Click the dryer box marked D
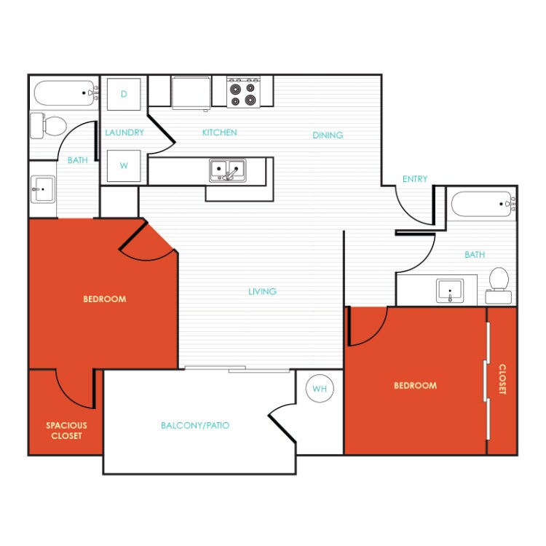click(x=124, y=94)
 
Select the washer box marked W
click(x=124, y=166)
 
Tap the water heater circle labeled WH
click(x=319, y=389)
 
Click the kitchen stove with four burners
click(x=242, y=92)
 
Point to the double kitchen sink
click(x=228, y=170)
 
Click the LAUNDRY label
click(x=124, y=132)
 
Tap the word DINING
click(x=328, y=135)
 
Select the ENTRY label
click(x=415, y=179)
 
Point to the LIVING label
click(x=262, y=291)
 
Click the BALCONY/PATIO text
click(x=195, y=425)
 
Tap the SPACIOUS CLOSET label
click(x=66, y=430)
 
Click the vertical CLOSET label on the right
click(x=502, y=379)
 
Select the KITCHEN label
click(x=219, y=132)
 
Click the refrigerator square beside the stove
click(x=191, y=92)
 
